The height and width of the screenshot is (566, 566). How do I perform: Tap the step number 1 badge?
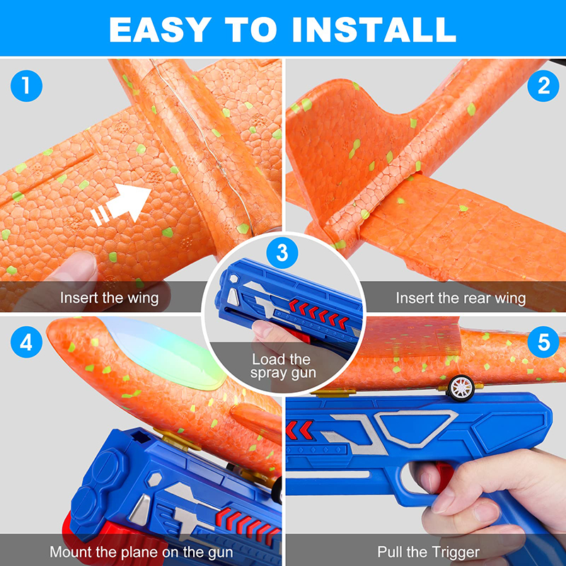pyautogui.click(x=26, y=86)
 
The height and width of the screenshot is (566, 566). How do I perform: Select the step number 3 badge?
pyautogui.click(x=282, y=251)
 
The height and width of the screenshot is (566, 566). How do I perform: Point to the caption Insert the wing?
pyautogui.click(x=109, y=298)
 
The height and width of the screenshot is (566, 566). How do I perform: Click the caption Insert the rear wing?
pyautogui.click(x=461, y=298)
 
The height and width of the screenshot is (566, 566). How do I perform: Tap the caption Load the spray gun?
pyautogui.click(x=281, y=366)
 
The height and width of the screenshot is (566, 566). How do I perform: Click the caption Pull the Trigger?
pyautogui.click(x=429, y=552)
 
